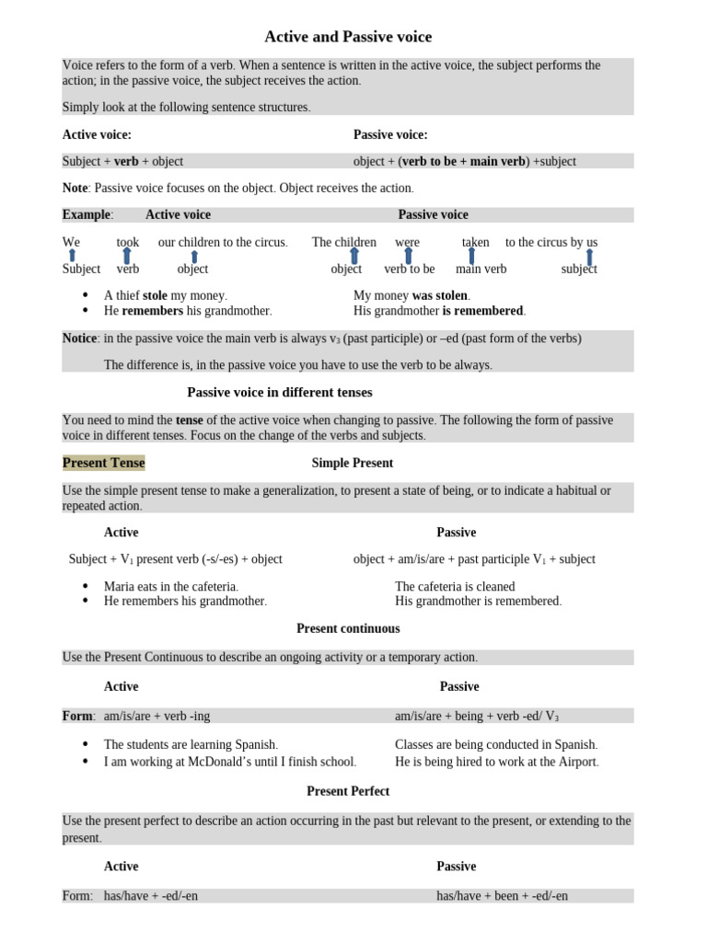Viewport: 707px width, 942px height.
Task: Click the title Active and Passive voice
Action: pyautogui.click(x=348, y=37)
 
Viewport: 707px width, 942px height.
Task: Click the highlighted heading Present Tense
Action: pyautogui.click(x=103, y=463)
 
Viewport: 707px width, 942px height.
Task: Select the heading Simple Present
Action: pyautogui.click(x=352, y=463)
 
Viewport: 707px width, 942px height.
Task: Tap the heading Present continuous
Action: pyautogui.click(x=348, y=628)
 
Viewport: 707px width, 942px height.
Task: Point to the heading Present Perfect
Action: pyautogui.click(x=348, y=791)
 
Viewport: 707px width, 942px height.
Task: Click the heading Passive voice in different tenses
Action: pyautogui.click(x=280, y=392)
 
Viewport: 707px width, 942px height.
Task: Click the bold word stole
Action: pyautogui.click(x=155, y=295)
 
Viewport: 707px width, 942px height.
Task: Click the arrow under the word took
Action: pyautogui.click(x=127, y=256)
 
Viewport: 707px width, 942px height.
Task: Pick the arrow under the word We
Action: pyautogui.click(x=72, y=256)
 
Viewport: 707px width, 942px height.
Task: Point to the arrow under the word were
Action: pyautogui.click(x=409, y=256)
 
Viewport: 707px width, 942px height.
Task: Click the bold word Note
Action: pyautogui.click(x=75, y=188)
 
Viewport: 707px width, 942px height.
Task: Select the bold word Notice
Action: pyautogui.click(x=79, y=338)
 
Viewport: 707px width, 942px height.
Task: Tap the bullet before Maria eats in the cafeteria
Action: pyautogui.click(x=86, y=586)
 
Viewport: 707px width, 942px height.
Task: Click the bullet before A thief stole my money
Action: pyautogui.click(x=86, y=295)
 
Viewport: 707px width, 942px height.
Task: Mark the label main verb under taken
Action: pyautogui.click(x=481, y=269)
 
